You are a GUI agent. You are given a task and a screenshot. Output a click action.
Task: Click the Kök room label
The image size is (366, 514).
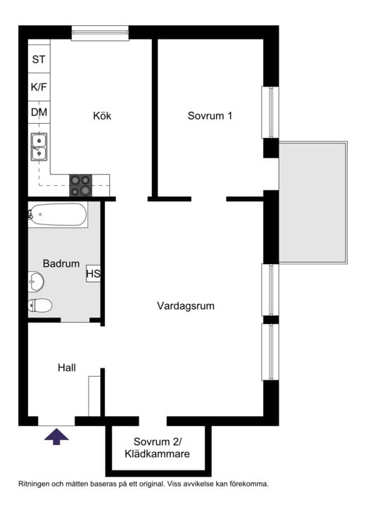(x=102, y=116)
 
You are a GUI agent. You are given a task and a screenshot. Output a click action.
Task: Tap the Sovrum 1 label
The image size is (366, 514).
(x=210, y=116)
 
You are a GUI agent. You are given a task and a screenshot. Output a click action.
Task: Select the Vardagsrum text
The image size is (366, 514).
(x=185, y=306)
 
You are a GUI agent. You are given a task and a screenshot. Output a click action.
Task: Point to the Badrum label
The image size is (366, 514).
(x=61, y=263)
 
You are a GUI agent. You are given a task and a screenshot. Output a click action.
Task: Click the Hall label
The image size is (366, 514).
(x=66, y=367)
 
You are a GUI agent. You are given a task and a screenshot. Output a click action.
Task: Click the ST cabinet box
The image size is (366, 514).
(x=39, y=59)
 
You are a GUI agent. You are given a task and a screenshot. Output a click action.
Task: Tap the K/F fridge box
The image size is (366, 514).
(x=39, y=87)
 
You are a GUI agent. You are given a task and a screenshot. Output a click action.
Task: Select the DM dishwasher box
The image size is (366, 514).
(x=39, y=112)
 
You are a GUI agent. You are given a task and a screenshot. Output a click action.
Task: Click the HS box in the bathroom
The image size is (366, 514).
(x=93, y=273)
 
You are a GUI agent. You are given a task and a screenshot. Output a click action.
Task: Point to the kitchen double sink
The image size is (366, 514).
(x=39, y=146)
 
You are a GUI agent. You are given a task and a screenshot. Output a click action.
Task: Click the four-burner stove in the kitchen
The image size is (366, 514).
(x=80, y=185)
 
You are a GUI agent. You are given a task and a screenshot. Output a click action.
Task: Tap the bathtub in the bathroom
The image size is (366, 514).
(x=58, y=214)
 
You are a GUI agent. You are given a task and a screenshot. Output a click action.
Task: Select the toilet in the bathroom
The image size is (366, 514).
(x=40, y=306)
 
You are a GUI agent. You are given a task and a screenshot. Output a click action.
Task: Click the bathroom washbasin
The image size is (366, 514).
(x=36, y=282)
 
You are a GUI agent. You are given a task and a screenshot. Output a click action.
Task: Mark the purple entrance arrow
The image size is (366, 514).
(x=57, y=437)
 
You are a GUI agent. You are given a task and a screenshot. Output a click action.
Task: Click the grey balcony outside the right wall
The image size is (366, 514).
(x=313, y=202)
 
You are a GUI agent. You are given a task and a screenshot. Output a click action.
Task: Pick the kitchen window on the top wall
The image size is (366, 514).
(x=100, y=32)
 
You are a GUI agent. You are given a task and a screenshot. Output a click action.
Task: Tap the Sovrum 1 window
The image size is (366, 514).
(x=271, y=113)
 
